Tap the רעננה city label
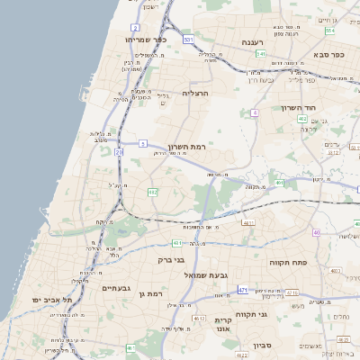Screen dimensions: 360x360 tap(250, 42)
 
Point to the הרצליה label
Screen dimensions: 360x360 tap(195, 93)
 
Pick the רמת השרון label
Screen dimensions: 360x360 tap(188, 145)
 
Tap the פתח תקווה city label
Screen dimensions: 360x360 tap(288, 262)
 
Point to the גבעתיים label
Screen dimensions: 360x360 tap(117, 288)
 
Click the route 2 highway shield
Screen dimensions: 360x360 tap(135, 28)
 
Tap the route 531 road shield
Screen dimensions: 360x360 tap(187, 40)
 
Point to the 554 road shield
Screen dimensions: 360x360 tap(330, 31)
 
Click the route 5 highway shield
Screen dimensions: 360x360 tap(143, 143)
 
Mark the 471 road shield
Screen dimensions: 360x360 tap(242, 290)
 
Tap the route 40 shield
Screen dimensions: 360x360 tap(316, 234)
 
